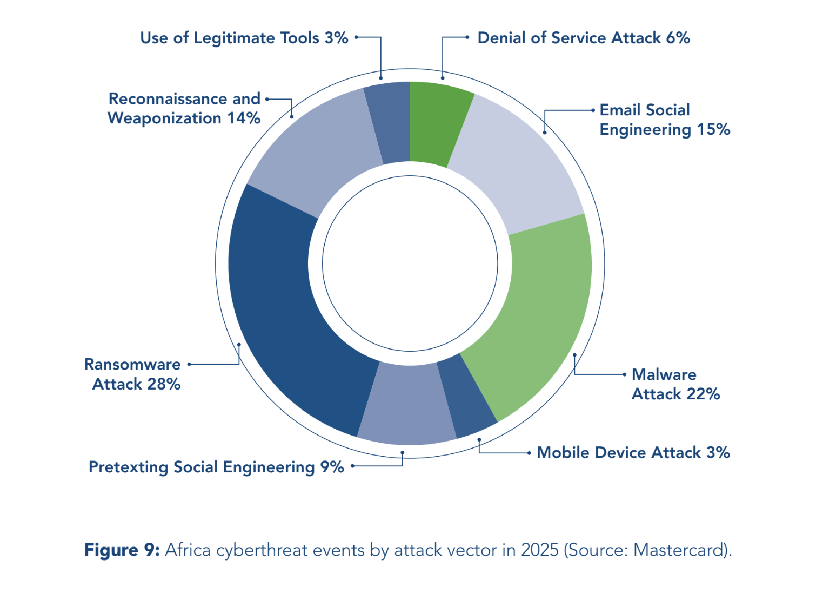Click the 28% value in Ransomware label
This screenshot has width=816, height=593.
pos(164,384)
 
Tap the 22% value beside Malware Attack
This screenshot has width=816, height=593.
pos(704,394)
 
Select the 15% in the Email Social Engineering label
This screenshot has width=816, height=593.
pos(714,129)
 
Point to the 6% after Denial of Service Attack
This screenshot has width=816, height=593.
pos(678,38)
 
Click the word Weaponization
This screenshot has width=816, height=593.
pos(164,118)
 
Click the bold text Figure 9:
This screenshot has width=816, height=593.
pos(122,550)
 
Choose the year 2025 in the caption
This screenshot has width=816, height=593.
pos(540,550)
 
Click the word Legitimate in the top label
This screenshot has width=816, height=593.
pos(234,38)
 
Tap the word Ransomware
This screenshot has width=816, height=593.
pos(132,364)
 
